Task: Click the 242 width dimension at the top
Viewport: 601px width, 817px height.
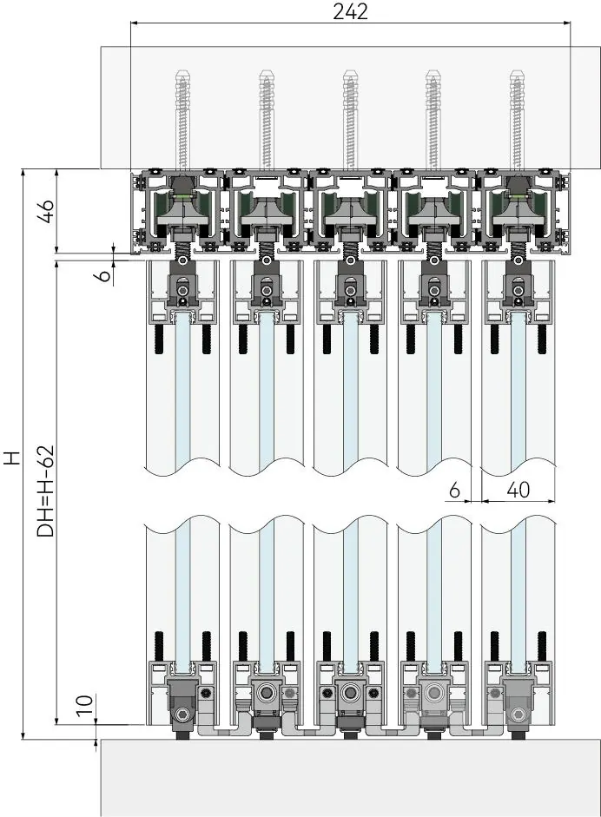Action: click(x=350, y=11)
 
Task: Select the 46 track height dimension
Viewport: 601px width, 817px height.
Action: click(x=48, y=211)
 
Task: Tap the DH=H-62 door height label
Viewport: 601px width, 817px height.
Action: click(x=46, y=491)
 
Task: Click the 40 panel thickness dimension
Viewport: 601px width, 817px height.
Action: click(x=518, y=490)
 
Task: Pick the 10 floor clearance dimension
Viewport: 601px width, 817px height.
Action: click(x=86, y=704)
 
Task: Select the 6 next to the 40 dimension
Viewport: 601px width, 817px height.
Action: click(x=454, y=490)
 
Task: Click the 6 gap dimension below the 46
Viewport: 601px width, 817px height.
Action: click(x=105, y=274)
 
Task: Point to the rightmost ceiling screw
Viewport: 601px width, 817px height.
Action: click(x=517, y=122)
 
